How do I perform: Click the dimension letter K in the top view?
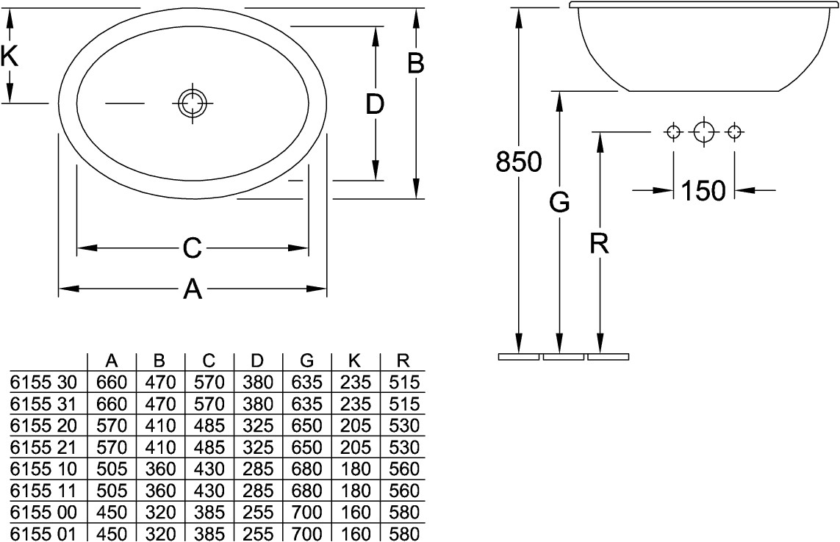10,57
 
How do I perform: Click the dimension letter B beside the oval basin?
416,62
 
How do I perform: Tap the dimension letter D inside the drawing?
375,104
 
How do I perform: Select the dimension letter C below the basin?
192,248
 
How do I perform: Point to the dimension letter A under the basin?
193,289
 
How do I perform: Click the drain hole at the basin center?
193,103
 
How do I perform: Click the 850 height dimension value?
518,162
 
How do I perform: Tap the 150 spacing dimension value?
703,190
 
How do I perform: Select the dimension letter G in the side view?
559,203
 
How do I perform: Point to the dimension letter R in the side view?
599,244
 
